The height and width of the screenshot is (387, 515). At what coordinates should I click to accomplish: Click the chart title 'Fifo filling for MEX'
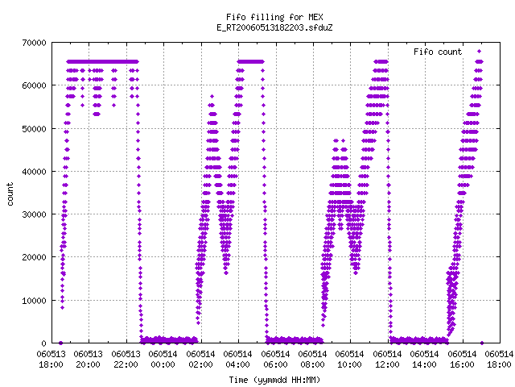coord(274,17)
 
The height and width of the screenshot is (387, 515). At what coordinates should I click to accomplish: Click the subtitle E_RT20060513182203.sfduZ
coord(274,27)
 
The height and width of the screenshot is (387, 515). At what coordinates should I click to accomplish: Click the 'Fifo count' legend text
coord(438,52)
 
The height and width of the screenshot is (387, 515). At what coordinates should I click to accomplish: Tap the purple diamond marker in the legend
coord(480,52)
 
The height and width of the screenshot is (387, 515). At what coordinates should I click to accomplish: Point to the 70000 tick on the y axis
coord(34,43)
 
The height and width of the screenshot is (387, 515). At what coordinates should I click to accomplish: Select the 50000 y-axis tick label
coord(34,129)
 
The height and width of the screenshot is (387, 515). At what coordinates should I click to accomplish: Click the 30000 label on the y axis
coord(34,214)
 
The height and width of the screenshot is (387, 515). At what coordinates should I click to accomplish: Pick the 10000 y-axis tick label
coord(34,301)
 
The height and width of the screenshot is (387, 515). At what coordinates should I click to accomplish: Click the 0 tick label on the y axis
coord(43,343)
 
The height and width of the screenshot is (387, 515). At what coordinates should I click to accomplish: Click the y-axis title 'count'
coord(10,194)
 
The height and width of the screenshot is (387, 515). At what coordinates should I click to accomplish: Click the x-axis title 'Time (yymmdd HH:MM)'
coord(274,380)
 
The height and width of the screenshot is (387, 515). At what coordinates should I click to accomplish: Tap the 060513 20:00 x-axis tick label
coord(89,360)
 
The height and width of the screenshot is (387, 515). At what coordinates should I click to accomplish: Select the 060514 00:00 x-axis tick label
coord(163,360)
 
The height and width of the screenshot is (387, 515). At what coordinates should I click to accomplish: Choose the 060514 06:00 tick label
coord(275,360)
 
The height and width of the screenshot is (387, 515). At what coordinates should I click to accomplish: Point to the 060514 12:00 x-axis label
coord(388,360)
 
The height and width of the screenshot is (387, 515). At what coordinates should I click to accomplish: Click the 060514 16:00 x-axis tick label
coord(462,360)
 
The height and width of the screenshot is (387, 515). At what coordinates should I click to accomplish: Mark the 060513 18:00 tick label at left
coord(51,360)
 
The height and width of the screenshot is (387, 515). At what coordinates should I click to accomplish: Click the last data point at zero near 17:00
coord(482,343)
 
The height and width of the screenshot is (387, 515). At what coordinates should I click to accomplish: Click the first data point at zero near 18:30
coord(60,343)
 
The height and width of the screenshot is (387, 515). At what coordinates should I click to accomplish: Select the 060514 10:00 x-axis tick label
coord(350,360)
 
